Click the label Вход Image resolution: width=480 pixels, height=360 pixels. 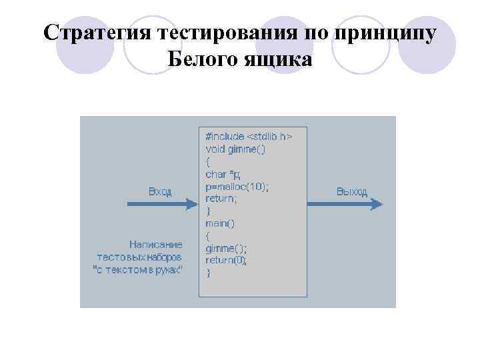tap(160, 191)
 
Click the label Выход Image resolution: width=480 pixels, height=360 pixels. tap(351, 191)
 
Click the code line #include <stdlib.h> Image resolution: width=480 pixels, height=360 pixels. tap(248, 137)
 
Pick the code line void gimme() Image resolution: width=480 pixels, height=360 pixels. tap(235, 149)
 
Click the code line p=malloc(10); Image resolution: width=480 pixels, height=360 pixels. tap(237, 187)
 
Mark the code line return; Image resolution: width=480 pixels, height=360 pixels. tap(221, 199)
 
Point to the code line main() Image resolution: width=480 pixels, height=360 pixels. tap(220, 223)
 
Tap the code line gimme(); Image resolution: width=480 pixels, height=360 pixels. tap(226, 248)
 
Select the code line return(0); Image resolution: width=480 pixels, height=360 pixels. tap(226, 260)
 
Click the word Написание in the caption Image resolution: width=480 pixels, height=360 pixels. tap(155, 244)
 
